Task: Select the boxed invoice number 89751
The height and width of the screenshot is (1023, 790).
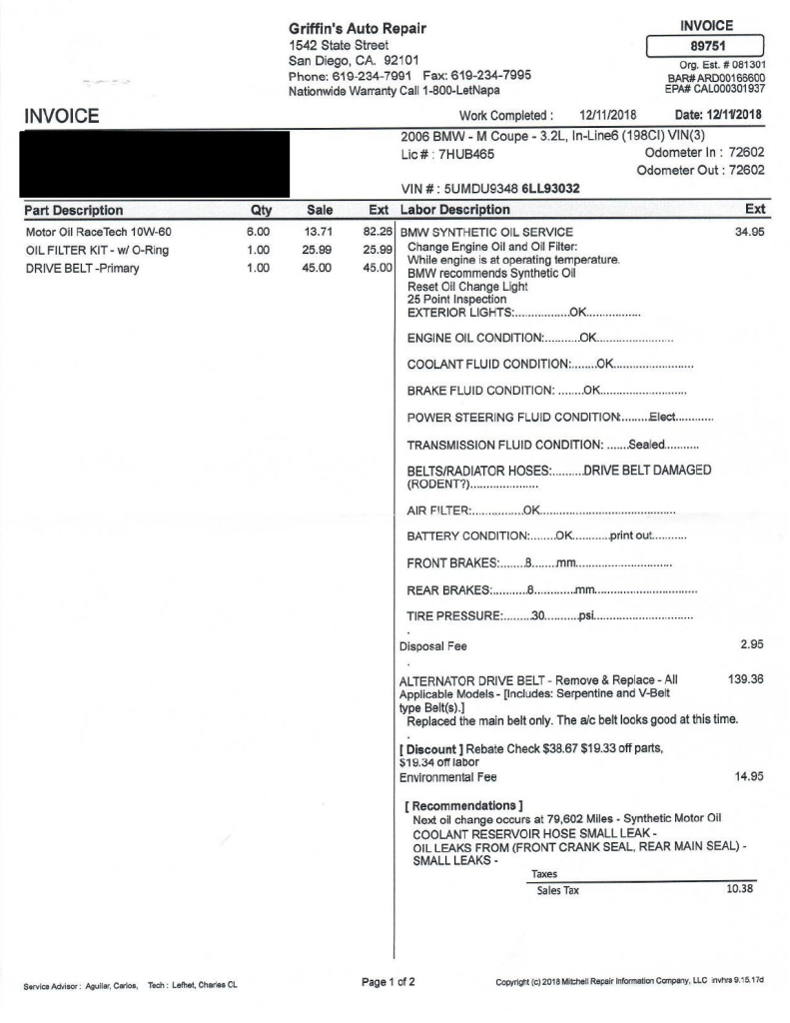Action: (x=706, y=46)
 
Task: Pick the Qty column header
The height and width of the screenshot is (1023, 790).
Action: (x=257, y=211)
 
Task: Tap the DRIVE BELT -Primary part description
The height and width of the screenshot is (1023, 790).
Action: (x=82, y=268)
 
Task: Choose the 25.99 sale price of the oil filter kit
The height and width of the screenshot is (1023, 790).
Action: (x=318, y=250)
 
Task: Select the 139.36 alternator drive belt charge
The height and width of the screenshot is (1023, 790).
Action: (x=746, y=679)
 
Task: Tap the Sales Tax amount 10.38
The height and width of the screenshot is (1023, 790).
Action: (x=739, y=889)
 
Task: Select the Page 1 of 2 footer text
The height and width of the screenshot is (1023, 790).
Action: (x=389, y=981)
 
